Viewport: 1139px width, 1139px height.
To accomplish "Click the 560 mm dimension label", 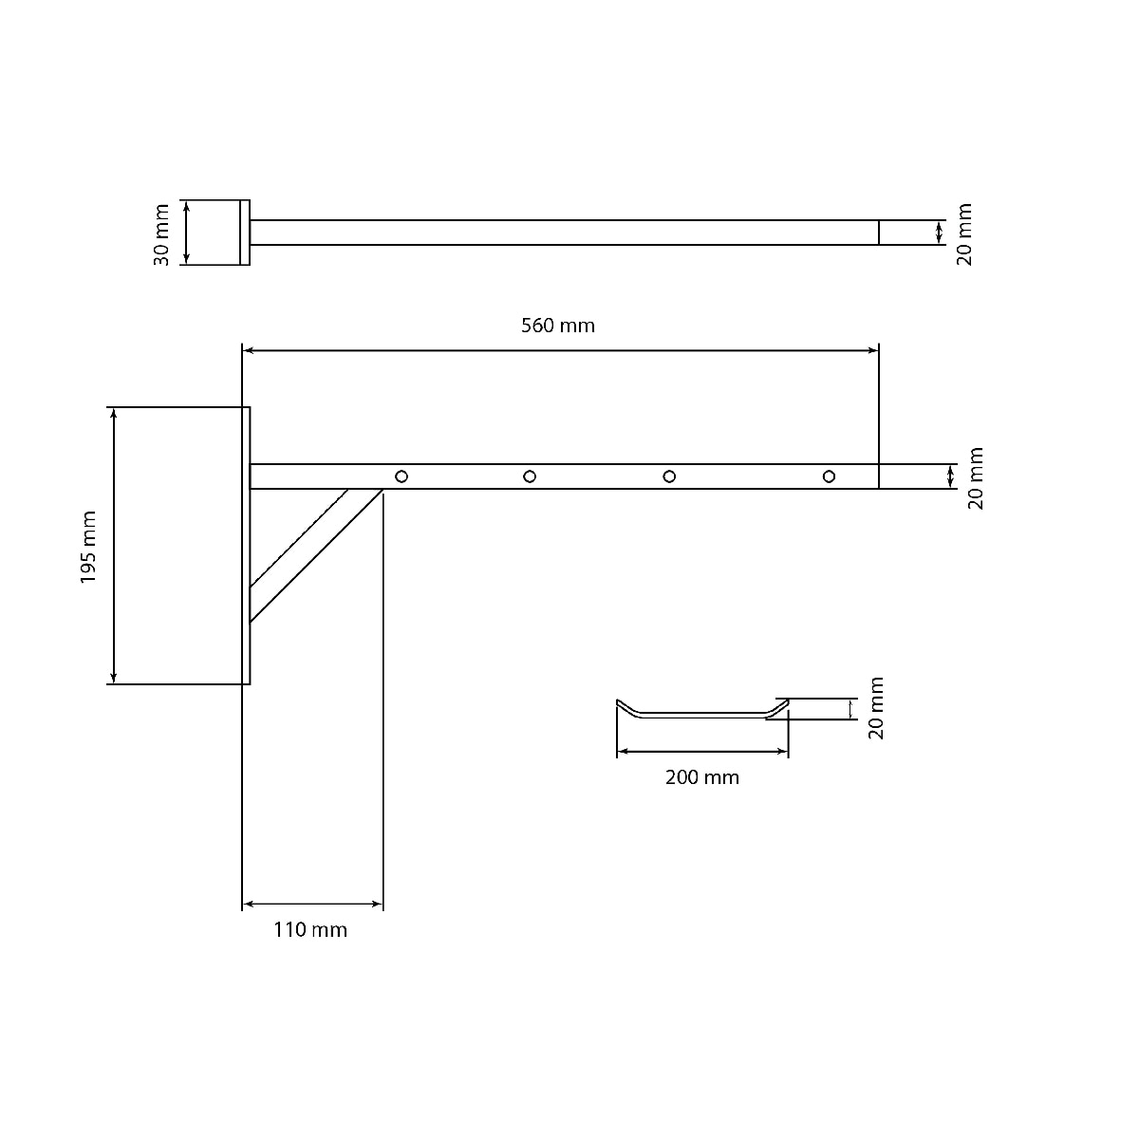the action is [x=557, y=326].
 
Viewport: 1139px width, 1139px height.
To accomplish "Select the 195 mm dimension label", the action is [x=88, y=547].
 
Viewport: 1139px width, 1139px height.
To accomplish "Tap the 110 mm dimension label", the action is [x=309, y=930].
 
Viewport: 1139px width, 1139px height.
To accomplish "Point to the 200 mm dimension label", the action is [x=701, y=777].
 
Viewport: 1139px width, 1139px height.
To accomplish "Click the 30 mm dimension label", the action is [x=161, y=234].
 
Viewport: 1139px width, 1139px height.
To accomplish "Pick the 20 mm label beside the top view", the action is [x=964, y=234].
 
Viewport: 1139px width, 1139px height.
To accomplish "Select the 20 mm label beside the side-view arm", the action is [x=976, y=478].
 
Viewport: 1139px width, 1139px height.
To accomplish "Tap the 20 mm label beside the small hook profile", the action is [x=876, y=708].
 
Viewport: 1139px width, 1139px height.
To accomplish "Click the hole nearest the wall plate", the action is [x=401, y=476].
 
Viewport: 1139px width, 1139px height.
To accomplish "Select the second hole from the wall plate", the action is [x=530, y=476].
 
